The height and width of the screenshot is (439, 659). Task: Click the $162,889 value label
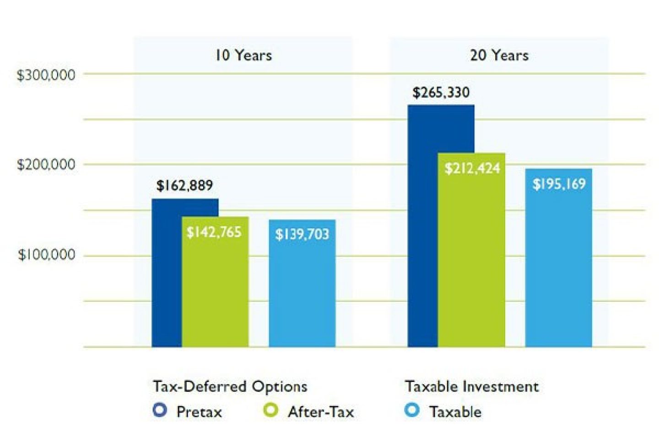tap(184, 185)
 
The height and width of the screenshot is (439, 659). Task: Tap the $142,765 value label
tap(214, 232)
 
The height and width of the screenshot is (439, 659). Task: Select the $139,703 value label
tap(302, 235)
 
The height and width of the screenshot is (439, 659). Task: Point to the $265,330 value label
tap(441, 92)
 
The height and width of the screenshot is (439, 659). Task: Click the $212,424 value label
tap(472, 168)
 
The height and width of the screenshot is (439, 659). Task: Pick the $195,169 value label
tap(559, 184)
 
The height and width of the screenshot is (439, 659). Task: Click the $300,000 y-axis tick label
tap(46, 75)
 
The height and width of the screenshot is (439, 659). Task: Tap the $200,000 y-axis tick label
tap(46, 165)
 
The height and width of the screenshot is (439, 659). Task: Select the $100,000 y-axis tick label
tap(46, 255)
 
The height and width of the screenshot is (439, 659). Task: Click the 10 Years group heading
tap(243, 55)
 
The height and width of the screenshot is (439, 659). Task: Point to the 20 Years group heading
tap(499, 55)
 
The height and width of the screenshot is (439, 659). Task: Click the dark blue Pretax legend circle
tap(160, 410)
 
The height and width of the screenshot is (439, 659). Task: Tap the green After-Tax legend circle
tap(270, 410)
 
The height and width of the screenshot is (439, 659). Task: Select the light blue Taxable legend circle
tap(412, 410)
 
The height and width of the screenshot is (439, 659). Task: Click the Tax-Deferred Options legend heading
tap(230, 386)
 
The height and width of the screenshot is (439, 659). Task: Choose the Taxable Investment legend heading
tap(472, 386)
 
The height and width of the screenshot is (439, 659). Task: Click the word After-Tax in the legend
tap(321, 412)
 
